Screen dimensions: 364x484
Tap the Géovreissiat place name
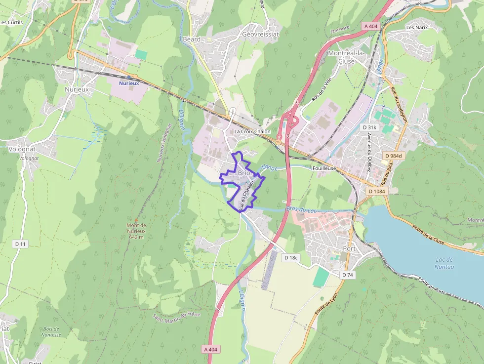click(x=260, y=35)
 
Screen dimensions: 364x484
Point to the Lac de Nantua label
click(x=445, y=263)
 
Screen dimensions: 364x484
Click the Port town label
click(x=349, y=248)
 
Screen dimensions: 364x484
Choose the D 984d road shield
click(x=394, y=156)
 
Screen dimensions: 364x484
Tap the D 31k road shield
click(x=369, y=127)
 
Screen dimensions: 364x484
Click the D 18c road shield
click(x=291, y=258)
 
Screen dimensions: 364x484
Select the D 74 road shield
click(x=348, y=275)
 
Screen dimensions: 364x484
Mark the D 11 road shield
click(x=20, y=244)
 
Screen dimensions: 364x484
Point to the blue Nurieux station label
click(x=129, y=83)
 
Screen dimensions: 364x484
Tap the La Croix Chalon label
click(x=252, y=131)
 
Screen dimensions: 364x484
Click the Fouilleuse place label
click(x=324, y=168)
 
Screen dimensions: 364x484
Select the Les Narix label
click(x=416, y=27)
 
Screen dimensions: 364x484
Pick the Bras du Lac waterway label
click(x=301, y=210)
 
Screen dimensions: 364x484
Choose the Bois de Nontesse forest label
click(x=52, y=332)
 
